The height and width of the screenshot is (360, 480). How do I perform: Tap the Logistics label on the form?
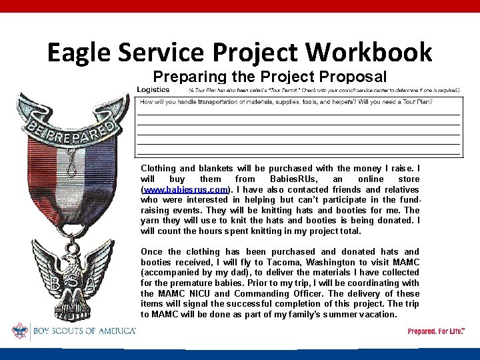click(153, 89)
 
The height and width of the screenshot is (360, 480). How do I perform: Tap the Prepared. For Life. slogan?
click(437, 331)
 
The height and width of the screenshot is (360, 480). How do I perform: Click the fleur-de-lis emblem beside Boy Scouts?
click(19, 331)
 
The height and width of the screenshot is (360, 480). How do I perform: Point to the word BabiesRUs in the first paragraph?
click(291, 179)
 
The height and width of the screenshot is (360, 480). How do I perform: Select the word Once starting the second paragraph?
click(152, 251)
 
